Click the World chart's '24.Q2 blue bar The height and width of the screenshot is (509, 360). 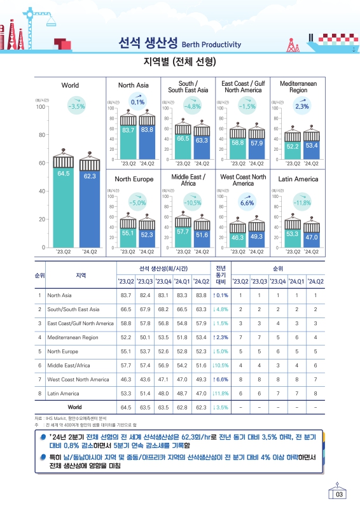pos(90,209)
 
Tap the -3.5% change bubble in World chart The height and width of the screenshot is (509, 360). pos(76,105)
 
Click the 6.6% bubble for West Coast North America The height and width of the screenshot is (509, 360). pos(247,202)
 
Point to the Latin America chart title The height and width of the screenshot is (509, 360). pos(298,179)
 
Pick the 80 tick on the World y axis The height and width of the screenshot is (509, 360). pos(42,135)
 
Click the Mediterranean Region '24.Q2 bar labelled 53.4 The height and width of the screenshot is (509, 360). pos(312,150)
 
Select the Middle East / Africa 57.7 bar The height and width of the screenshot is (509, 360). pos(183,237)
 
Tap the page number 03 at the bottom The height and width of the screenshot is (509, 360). pos(339,494)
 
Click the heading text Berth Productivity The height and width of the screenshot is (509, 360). pos(211,45)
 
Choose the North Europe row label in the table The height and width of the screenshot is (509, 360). pos(63,351)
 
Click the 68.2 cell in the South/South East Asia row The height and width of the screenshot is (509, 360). pos(163,309)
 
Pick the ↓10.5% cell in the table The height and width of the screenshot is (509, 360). pos(221,365)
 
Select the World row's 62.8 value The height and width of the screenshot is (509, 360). pos(182,407)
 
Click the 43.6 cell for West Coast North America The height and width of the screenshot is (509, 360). pos(145,379)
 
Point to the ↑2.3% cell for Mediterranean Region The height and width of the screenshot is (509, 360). pos(221,337)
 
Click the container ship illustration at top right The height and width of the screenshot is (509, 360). pos(333,43)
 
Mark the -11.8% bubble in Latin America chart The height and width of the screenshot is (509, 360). pos(302,202)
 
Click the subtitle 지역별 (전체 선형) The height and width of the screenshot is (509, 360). pos(180,61)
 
